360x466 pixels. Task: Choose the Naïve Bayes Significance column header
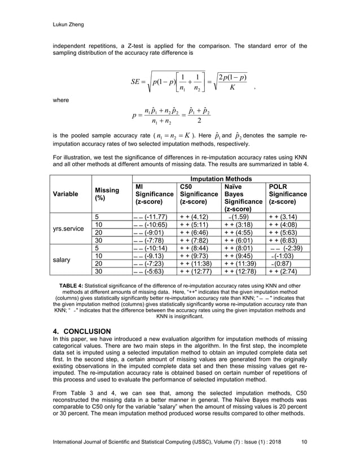tap(243, 197)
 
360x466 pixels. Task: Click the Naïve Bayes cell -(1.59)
tap(243, 217)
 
